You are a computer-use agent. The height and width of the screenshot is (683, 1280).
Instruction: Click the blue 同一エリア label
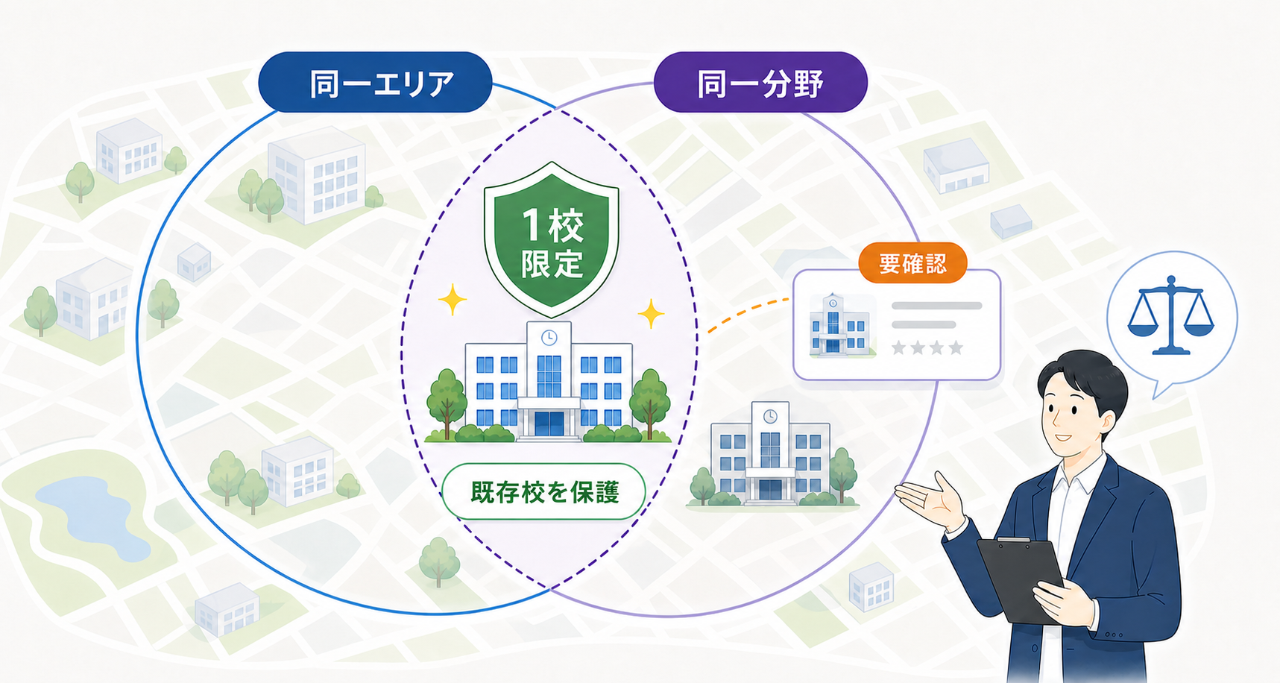click(x=375, y=82)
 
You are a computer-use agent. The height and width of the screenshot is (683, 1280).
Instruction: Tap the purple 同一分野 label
click(x=760, y=82)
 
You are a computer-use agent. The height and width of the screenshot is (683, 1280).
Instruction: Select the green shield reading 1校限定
click(x=551, y=239)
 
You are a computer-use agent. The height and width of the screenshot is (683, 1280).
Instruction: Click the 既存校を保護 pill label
click(x=543, y=492)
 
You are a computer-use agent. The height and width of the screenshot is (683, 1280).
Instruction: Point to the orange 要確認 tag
click(x=912, y=263)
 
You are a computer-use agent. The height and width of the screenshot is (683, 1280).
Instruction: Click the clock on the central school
click(x=549, y=337)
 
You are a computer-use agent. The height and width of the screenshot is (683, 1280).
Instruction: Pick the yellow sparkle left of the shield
click(x=452, y=300)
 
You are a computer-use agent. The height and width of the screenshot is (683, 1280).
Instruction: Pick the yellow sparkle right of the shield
click(x=651, y=314)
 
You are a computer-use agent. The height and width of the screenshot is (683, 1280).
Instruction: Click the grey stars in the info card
click(x=927, y=347)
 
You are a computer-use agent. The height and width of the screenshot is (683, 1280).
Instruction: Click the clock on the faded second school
click(x=770, y=417)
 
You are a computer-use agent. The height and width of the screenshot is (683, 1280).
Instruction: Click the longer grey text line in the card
click(x=937, y=306)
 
